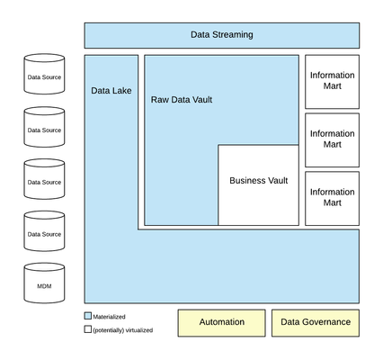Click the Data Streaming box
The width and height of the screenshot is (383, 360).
(x=222, y=35)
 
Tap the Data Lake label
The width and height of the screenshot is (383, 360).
(x=111, y=91)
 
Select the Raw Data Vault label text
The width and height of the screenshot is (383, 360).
(x=182, y=100)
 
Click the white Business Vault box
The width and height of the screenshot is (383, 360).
(x=258, y=184)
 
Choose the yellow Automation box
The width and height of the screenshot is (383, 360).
(x=222, y=323)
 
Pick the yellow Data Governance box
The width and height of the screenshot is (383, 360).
(x=316, y=323)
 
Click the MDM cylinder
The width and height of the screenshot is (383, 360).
(x=44, y=283)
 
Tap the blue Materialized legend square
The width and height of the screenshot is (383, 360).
(x=88, y=316)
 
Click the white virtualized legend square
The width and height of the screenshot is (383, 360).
(x=88, y=329)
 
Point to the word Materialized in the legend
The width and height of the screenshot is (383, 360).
(x=109, y=317)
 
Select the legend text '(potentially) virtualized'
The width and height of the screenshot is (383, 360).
(x=123, y=330)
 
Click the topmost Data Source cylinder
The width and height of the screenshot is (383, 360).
(x=44, y=74)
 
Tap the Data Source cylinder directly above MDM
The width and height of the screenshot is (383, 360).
(x=44, y=231)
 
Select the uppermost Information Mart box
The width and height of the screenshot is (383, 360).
(x=332, y=82)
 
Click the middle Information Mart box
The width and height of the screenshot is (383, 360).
(x=332, y=140)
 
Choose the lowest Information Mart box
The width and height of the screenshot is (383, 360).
(x=332, y=198)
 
